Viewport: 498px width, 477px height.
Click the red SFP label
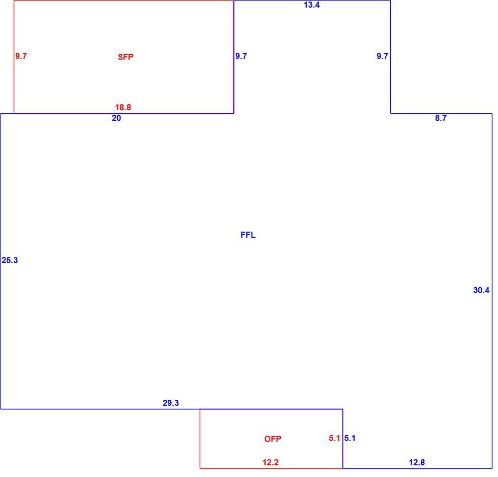tap(126, 57)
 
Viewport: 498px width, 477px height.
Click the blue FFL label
tap(248, 235)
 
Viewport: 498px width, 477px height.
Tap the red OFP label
tap(272, 439)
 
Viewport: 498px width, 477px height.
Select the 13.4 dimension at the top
tap(312, 5)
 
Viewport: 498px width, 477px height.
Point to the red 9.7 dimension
tap(21, 56)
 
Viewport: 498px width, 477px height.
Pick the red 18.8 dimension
tap(123, 107)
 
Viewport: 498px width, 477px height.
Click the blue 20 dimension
tap(116, 118)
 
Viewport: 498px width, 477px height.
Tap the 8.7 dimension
tap(441, 118)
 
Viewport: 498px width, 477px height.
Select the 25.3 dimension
tap(10, 260)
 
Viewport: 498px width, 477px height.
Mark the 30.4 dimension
tap(481, 290)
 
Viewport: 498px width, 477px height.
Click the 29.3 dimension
tap(171, 403)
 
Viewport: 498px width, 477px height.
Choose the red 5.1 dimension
tap(334, 438)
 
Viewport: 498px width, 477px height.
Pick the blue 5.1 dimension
tap(350, 438)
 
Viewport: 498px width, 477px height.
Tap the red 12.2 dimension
tap(270, 462)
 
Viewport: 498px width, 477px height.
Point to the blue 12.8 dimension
tap(417, 462)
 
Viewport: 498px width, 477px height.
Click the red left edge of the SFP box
tap(14, 57)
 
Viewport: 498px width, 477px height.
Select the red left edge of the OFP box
tap(200, 438)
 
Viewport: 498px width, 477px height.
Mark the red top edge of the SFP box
tap(124, 1)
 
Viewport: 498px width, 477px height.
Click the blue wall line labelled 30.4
tap(492, 291)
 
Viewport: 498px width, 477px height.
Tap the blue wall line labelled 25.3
tap(1, 261)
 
